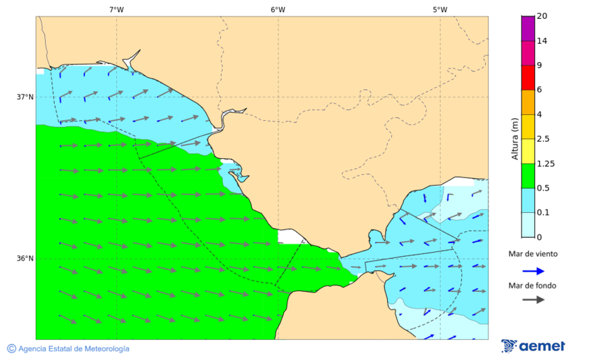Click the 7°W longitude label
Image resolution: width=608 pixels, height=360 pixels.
(x=116, y=9)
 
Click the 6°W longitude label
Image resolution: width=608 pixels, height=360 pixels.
(x=278, y=9)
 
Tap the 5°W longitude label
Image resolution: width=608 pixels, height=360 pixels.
(x=440, y=9)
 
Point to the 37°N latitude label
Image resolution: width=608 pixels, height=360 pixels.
(x=25, y=97)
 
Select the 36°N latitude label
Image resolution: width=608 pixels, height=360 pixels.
(x=25, y=259)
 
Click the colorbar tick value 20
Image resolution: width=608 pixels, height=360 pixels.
(x=542, y=16)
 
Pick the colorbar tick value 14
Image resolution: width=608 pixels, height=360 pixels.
(x=542, y=41)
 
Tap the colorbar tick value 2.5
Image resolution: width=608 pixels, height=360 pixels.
(x=542, y=139)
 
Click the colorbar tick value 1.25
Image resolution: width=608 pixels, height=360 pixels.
(x=544, y=163)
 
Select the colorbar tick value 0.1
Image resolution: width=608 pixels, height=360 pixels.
(x=542, y=213)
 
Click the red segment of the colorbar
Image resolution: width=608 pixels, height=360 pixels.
(x=528, y=77)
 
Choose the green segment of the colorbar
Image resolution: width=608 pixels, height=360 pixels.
(x=528, y=176)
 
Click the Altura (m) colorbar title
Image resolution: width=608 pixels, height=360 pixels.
(x=515, y=138)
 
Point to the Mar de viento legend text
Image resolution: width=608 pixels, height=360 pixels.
(x=533, y=254)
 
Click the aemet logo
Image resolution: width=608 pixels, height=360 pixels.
(x=533, y=346)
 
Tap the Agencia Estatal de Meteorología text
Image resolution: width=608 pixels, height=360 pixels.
(x=74, y=349)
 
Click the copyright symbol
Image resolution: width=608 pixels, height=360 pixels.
(x=11, y=349)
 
